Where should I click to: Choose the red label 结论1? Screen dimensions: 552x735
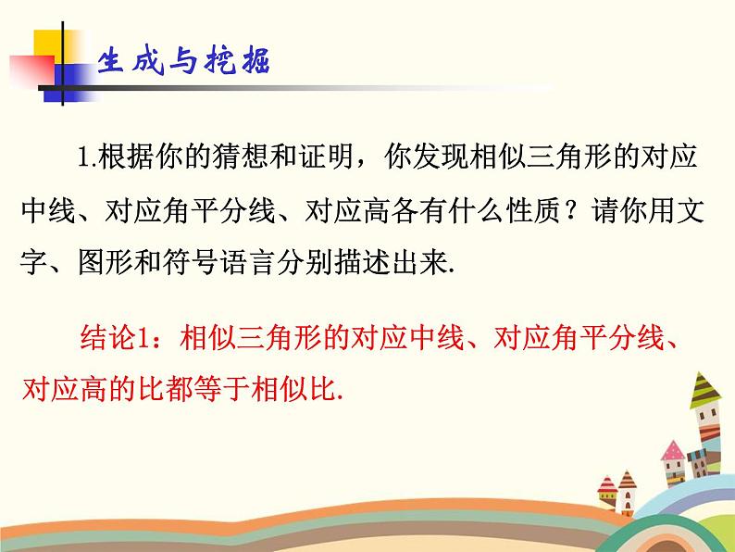pos(108,341)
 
